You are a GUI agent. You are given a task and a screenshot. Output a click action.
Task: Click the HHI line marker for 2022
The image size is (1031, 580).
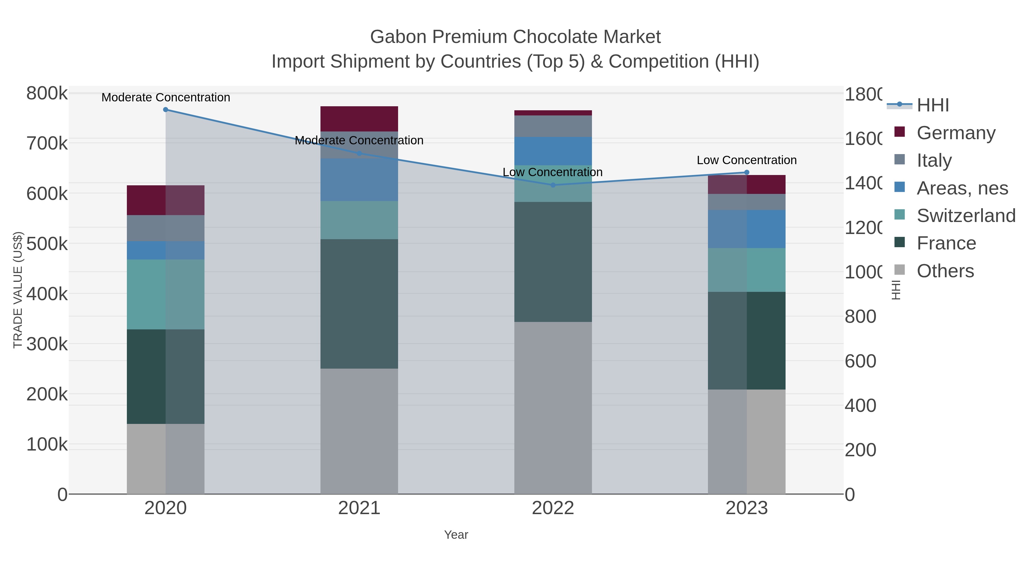tap(553, 185)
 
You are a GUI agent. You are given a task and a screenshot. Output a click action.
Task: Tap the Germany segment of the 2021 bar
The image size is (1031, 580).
tap(359, 119)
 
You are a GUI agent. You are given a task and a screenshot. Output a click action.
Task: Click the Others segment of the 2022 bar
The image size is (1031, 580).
tap(553, 408)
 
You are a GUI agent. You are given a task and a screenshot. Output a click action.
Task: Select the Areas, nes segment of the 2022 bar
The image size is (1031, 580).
tap(553, 151)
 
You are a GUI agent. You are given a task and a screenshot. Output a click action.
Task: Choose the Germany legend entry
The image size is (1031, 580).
tap(955, 133)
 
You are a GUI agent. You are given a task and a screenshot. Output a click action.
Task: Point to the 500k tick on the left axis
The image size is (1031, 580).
tap(47, 243)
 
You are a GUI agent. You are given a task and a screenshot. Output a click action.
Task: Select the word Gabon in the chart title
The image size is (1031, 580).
tap(398, 37)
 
